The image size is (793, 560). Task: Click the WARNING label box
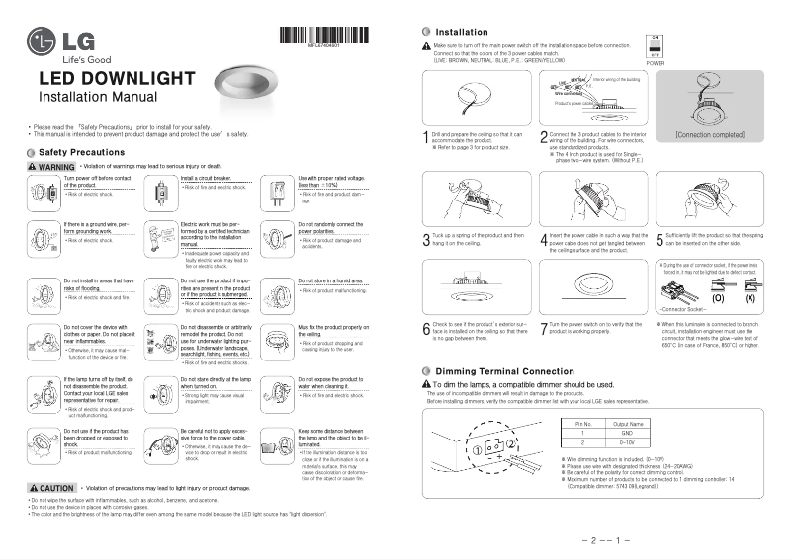50,166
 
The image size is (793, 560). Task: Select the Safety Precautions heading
80,153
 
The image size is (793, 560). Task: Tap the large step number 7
544,327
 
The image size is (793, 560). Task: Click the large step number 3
425,239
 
